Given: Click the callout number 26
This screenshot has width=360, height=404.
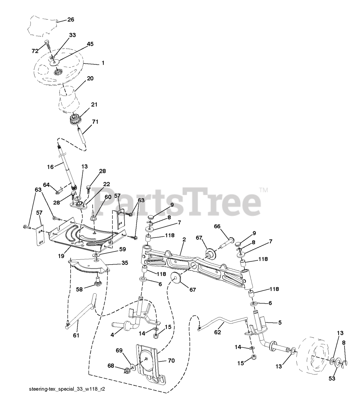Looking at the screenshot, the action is pyautogui.click(x=71, y=20).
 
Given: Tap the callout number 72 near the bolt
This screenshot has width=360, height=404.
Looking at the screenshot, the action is pyautogui.click(x=35, y=51).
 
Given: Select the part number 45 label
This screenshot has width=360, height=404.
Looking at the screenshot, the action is pyautogui.click(x=90, y=44).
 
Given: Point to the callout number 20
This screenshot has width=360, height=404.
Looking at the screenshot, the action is pyautogui.click(x=90, y=78).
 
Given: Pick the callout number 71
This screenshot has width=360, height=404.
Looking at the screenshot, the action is pyautogui.click(x=95, y=122).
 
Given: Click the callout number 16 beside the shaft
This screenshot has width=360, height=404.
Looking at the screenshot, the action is pyautogui.click(x=50, y=167).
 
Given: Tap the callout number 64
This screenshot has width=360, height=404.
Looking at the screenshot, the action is pyautogui.click(x=46, y=185).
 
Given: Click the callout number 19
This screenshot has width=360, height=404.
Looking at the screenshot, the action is pyautogui.click(x=61, y=256).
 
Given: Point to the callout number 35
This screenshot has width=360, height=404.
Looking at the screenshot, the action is pyautogui.click(x=125, y=263).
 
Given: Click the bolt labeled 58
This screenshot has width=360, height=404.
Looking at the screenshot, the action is pyautogui.click(x=98, y=281).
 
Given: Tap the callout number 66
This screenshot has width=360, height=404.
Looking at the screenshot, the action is pyautogui.click(x=217, y=226).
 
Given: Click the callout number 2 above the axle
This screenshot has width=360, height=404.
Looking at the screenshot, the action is pyautogui.click(x=184, y=240).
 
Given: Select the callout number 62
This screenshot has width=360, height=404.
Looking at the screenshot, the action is pyautogui.click(x=217, y=332).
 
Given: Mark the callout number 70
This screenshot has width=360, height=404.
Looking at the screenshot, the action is pyautogui.click(x=171, y=360).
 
